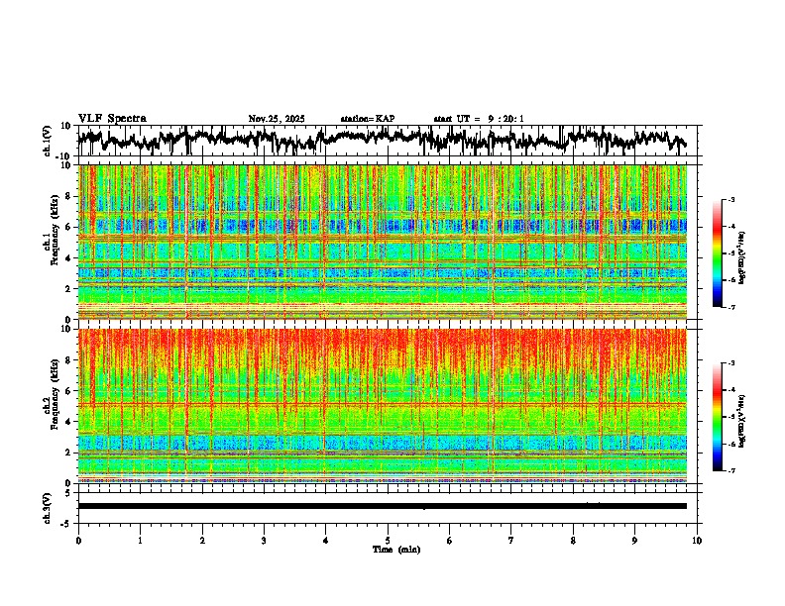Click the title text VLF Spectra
(112, 119)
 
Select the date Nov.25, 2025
(277, 119)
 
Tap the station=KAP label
(368, 119)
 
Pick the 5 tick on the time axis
(388, 541)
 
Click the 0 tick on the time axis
(78, 541)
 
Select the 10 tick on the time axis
(697, 541)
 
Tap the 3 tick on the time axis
(264, 541)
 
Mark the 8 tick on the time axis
(573, 541)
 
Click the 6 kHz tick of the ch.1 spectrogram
(66, 227)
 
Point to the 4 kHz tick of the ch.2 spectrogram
(66, 421)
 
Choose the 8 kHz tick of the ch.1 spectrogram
(66, 196)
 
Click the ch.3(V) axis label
(47, 506)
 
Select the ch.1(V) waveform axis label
(47, 142)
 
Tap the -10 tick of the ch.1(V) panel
(62, 156)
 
